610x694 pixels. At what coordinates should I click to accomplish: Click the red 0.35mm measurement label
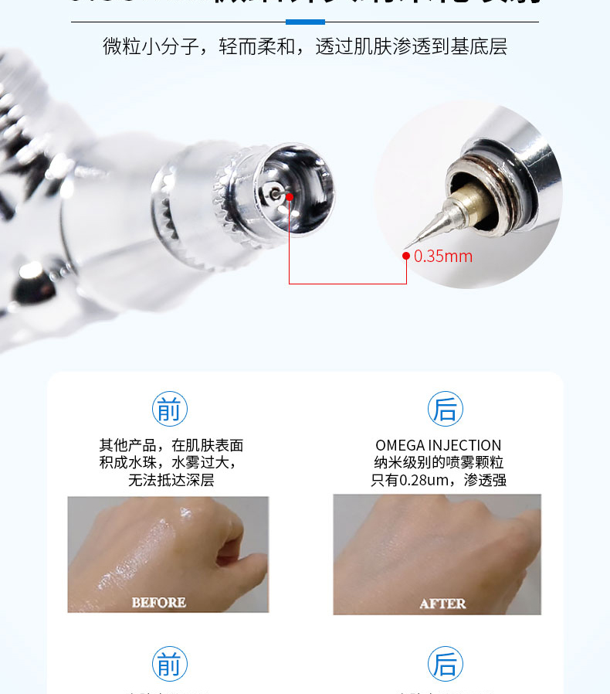pos(443,257)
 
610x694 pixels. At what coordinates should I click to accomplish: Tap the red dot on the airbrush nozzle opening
pos(290,196)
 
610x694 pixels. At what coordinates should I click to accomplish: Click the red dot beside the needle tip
pos(406,256)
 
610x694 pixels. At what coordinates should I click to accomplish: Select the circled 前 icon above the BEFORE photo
pos(169,409)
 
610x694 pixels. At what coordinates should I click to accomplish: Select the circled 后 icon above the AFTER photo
pos(445,409)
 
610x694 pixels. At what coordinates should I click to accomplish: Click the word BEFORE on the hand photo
pos(158,602)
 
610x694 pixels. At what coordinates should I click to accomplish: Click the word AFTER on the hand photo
pos(442,603)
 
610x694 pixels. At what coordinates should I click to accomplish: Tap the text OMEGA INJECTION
pos(438,445)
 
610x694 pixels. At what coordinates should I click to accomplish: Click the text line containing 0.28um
pos(438,480)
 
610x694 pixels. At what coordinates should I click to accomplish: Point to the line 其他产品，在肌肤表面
pos(171,445)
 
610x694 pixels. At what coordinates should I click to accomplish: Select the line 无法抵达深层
pos(171,480)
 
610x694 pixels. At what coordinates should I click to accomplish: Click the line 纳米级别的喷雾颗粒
pos(438,463)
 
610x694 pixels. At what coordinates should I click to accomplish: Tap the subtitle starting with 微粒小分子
pos(305,46)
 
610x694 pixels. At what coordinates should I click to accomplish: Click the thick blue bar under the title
pos(305,22)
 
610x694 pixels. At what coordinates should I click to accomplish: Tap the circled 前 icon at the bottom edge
pos(169,664)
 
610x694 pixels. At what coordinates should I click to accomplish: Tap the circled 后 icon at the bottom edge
pos(445,664)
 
